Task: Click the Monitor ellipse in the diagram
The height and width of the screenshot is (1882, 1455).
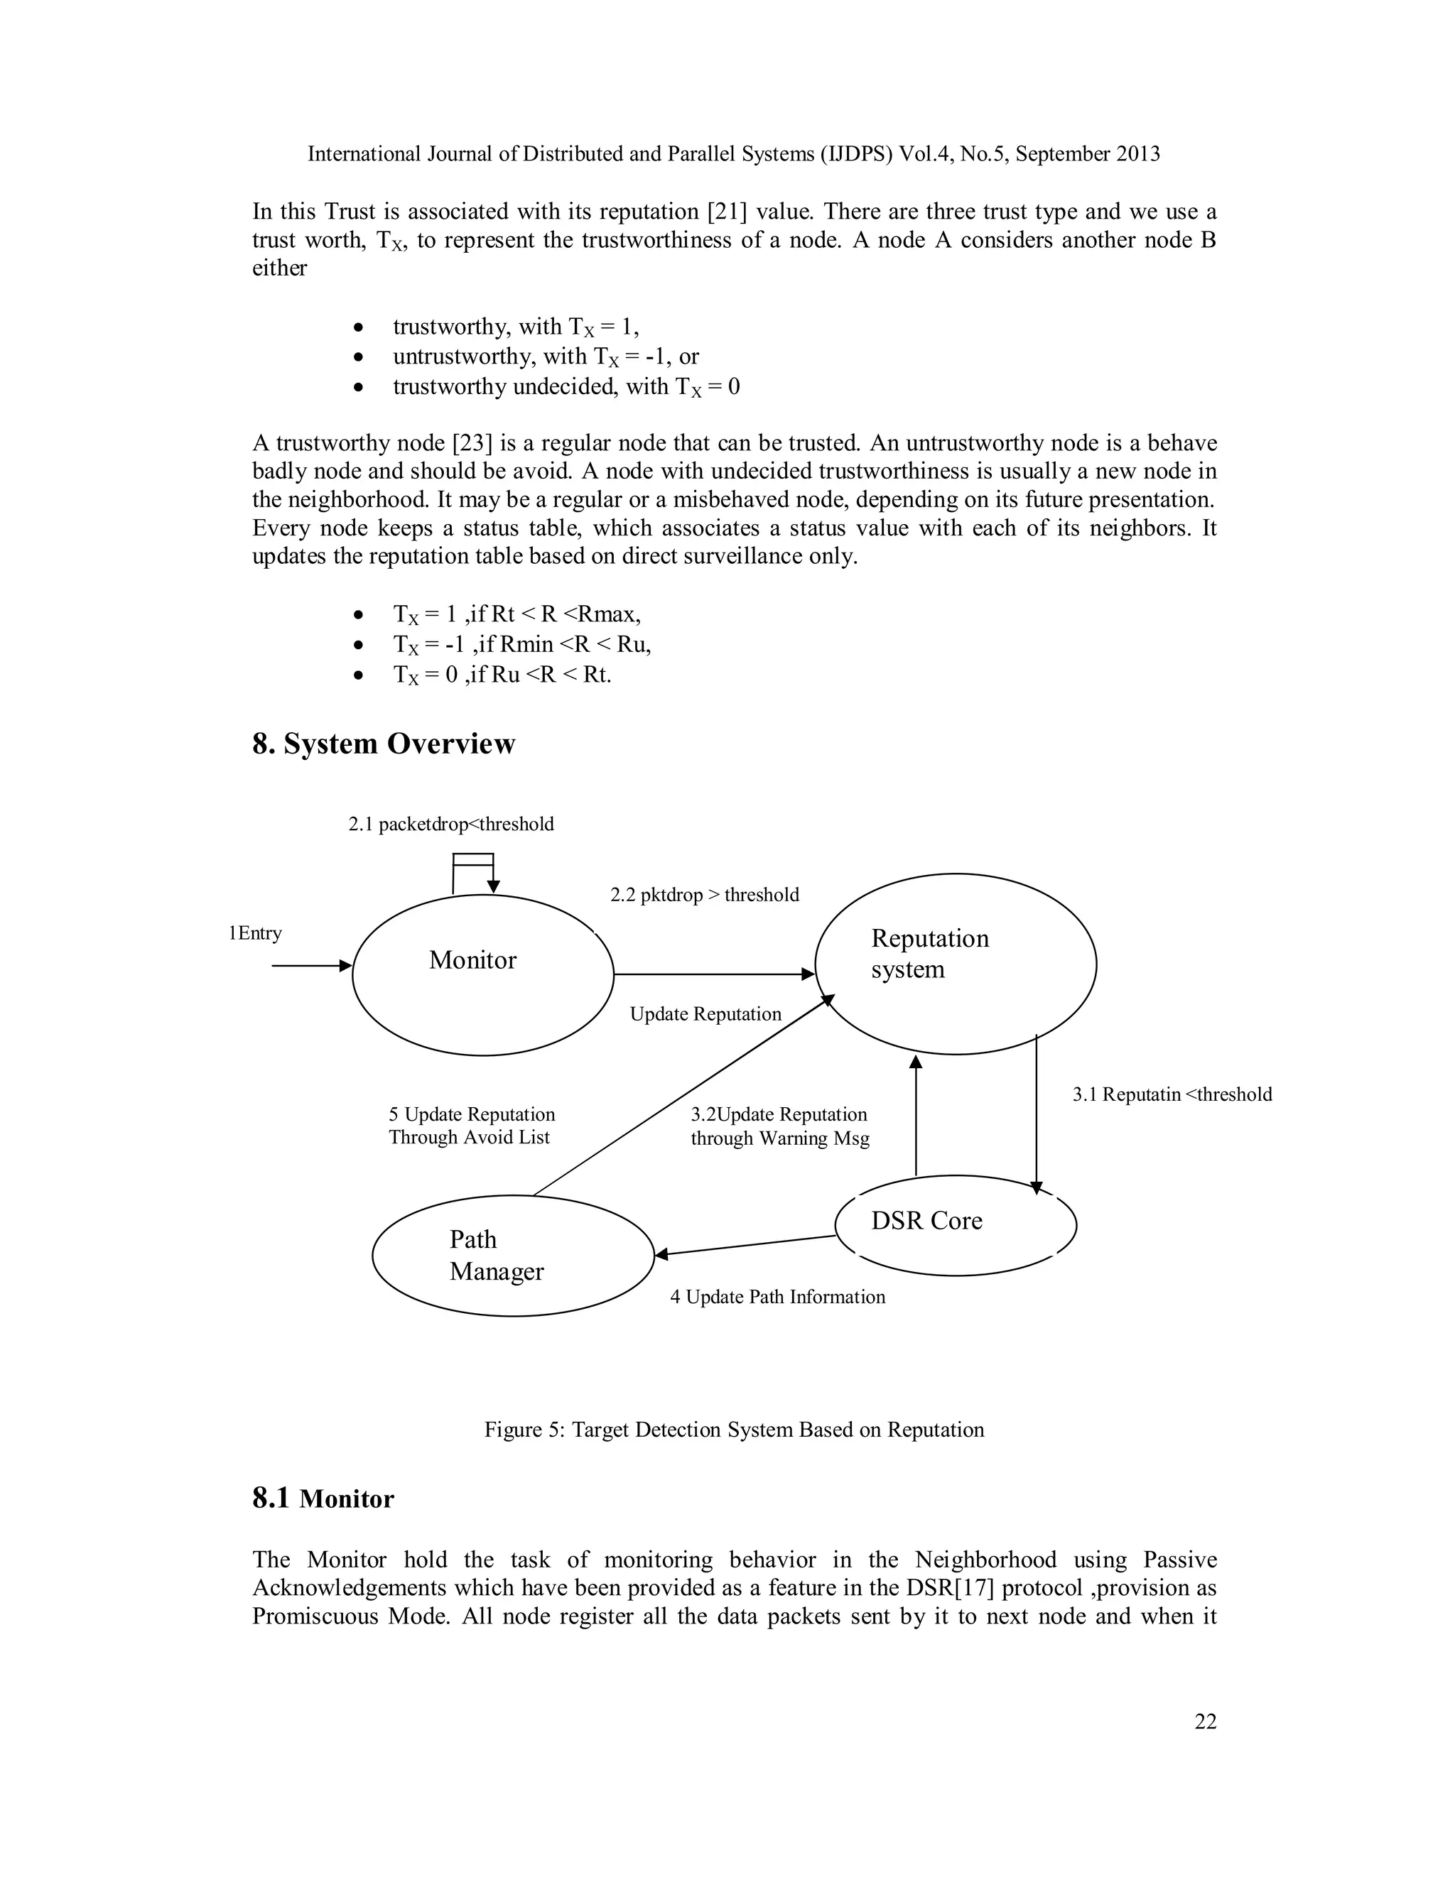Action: [x=482, y=974]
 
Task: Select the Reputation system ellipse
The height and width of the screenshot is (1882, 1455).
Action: [x=955, y=964]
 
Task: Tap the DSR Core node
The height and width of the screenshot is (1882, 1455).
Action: [x=955, y=1224]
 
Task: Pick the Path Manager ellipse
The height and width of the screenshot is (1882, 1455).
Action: [x=513, y=1256]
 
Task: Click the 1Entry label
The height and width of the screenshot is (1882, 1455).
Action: [x=255, y=933]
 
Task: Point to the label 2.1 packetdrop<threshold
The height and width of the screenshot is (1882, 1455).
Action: [x=451, y=825]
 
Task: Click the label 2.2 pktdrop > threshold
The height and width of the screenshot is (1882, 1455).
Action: [x=704, y=896]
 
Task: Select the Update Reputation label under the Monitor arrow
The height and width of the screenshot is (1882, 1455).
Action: [x=705, y=1014]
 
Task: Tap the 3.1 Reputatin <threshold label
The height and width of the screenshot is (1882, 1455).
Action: [x=1172, y=1094]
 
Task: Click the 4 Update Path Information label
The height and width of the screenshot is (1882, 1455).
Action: [x=777, y=1297]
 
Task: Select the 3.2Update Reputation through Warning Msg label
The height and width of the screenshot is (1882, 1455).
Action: [x=779, y=1126]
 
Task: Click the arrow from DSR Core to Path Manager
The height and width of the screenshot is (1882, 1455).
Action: [x=745, y=1245]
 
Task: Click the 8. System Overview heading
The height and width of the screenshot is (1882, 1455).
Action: [x=384, y=744]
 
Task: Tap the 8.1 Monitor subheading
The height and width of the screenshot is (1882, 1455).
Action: [x=323, y=1498]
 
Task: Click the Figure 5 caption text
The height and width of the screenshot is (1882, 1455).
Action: [x=733, y=1430]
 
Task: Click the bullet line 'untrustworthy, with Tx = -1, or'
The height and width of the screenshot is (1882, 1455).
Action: [x=546, y=357]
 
